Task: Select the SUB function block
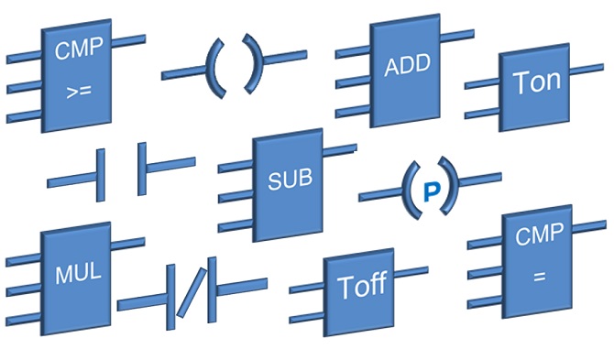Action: coord(289,180)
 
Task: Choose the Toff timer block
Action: coord(362,287)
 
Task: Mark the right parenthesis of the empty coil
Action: coord(255,63)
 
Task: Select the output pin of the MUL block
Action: coord(128,244)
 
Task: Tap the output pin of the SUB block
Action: coord(340,147)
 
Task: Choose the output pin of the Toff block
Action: coord(411,270)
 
